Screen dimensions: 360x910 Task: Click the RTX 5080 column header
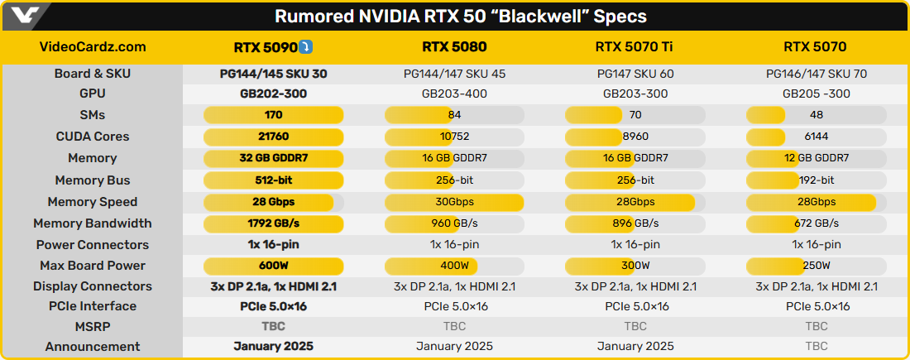tap(454, 46)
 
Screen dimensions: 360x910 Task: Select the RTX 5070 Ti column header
tap(635, 46)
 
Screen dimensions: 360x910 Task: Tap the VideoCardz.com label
tap(93, 46)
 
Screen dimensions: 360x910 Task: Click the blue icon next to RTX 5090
tap(306, 46)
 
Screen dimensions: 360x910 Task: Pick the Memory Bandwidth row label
tap(93, 223)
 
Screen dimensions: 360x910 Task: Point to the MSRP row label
tap(93, 326)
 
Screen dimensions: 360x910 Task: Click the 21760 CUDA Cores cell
tap(273, 137)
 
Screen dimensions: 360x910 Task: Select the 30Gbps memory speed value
tap(454, 202)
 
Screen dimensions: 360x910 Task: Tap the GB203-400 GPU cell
tap(454, 94)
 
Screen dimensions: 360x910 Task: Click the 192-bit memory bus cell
tap(817, 180)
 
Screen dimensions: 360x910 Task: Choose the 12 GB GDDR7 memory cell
tap(817, 158)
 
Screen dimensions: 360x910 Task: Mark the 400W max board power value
tap(454, 266)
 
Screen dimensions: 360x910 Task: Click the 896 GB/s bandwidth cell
tap(635, 223)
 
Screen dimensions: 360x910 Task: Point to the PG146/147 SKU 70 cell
tap(817, 74)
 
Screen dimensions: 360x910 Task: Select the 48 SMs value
tap(817, 115)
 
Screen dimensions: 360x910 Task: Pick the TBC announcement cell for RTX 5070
tap(817, 347)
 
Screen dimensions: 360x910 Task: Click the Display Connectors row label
tap(93, 286)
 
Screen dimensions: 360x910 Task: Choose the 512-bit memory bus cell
tap(273, 180)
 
